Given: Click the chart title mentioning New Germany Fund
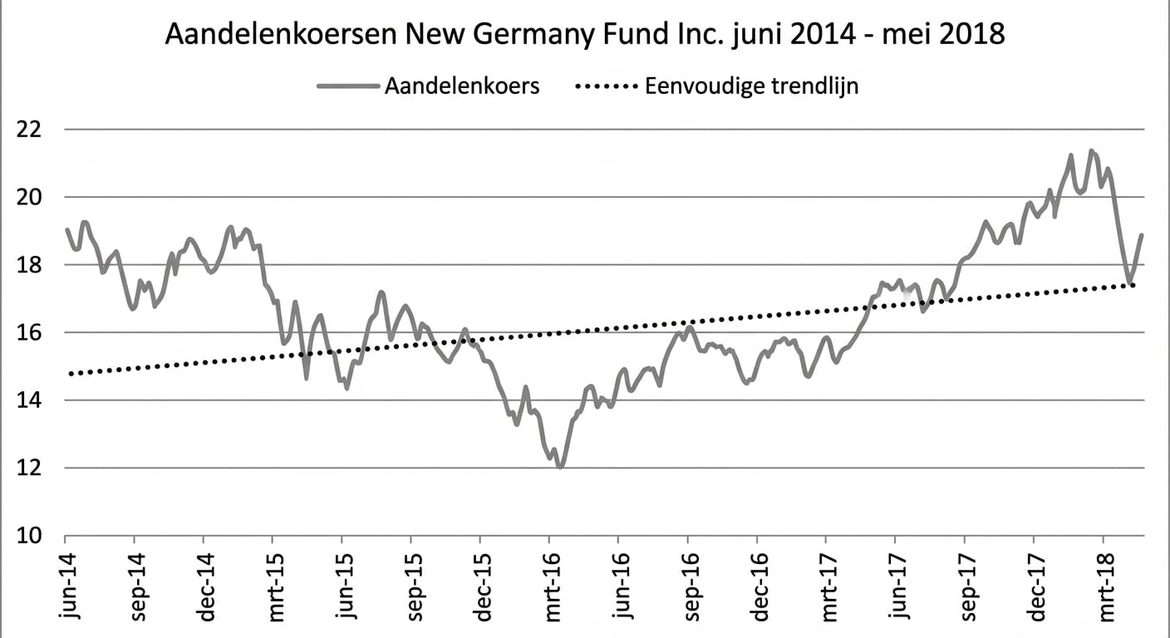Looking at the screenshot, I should coord(585,35).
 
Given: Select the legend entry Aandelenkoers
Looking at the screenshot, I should coord(461,86).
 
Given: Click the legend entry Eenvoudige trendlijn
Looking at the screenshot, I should coord(751,86).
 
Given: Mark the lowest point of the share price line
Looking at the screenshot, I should coord(560,467).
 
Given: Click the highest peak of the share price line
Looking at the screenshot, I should coord(1091,151).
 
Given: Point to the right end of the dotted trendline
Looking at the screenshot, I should coord(1134,285).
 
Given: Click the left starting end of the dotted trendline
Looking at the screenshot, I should coord(70,374).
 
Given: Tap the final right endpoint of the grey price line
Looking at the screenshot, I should coord(1142,235).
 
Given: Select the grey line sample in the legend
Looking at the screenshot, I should coord(347,86).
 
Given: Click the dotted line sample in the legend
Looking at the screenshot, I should coord(606,86).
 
